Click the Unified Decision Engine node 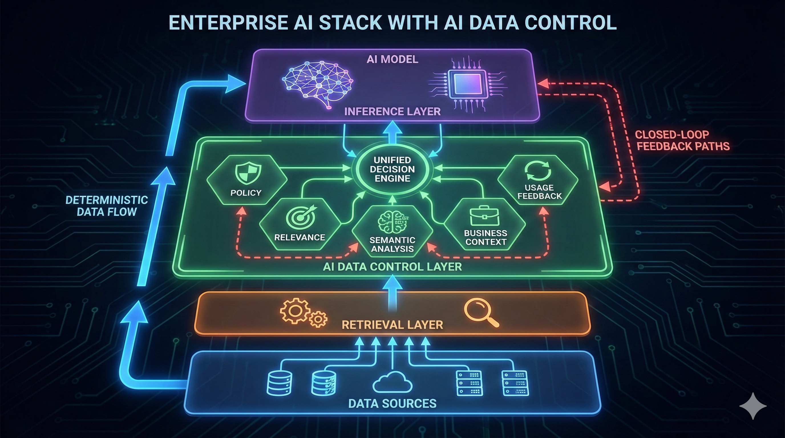click(392, 169)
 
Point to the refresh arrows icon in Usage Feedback click(538, 171)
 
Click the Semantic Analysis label click(392, 244)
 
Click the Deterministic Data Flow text click(107, 206)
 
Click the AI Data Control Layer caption click(392, 267)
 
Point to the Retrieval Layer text click(392, 325)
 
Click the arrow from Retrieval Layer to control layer click(392, 291)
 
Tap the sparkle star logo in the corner click(753, 406)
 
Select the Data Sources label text click(392, 403)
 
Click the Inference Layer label click(392, 111)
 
